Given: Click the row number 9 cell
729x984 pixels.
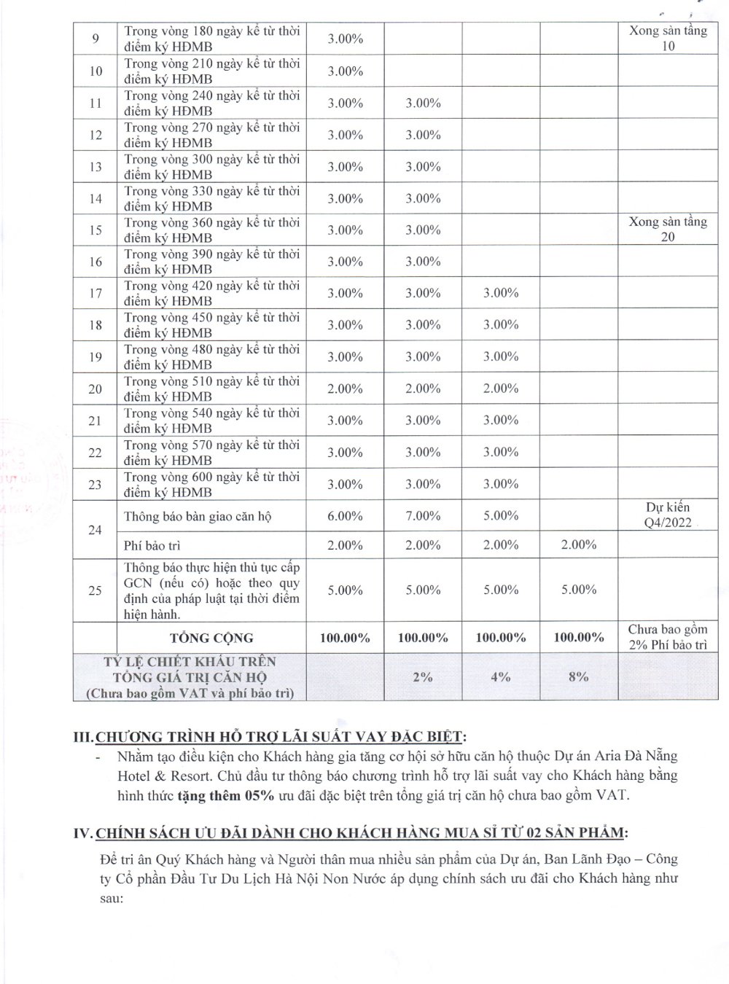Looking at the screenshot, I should (x=96, y=39).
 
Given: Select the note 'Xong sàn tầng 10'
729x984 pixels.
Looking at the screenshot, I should (x=668, y=39).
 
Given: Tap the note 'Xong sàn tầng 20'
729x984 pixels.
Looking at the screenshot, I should (x=668, y=229).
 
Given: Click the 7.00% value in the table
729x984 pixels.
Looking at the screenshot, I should (x=423, y=516).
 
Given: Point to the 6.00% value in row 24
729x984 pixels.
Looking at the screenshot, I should (x=345, y=516).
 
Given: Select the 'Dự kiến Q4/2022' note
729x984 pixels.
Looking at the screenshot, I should (x=668, y=515).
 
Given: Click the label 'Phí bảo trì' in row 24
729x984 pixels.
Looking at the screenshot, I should (x=152, y=545).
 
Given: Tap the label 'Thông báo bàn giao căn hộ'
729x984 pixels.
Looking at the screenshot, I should (x=198, y=517).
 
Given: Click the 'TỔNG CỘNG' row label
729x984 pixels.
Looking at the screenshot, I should (x=211, y=638).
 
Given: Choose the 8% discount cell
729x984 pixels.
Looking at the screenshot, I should (x=579, y=676).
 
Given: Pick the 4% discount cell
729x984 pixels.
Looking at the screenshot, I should (x=501, y=676).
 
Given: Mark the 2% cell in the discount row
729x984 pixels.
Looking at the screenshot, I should (x=423, y=676).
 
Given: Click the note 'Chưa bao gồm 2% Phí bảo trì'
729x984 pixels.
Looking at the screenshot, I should (x=668, y=637).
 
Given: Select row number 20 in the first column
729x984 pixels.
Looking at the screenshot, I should (x=95, y=388).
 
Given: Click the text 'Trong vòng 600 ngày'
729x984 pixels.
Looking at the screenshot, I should (x=182, y=477).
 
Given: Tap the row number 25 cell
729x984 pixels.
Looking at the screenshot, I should (x=95, y=590).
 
